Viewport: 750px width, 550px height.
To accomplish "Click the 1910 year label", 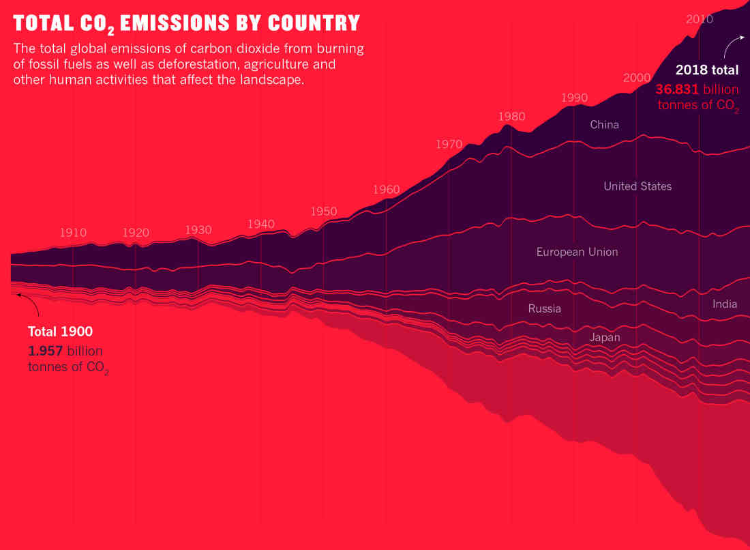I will pyautogui.click(x=73, y=232).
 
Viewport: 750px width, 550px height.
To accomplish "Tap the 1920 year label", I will pyautogui.click(x=136, y=232).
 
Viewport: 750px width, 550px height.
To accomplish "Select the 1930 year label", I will pyautogui.click(x=198, y=230).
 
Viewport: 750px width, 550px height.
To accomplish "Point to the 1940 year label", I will pyautogui.click(x=261, y=224).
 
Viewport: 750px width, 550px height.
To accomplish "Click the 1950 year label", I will pyautogui.click(x=324, y=212).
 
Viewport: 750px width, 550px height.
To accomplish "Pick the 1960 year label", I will pyautogui.click(x=386, y=189).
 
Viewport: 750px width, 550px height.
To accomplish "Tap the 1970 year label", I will pyautogui.click(x=449, y=145).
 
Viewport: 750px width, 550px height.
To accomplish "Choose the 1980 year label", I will pyautogui.click(x=511, y=117).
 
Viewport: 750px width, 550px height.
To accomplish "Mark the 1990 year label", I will pyautogui.click(x=574, y=98).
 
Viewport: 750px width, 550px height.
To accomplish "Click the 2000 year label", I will pyautogui.click(x=637, y=77).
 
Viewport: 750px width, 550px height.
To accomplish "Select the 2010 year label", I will pyautogui.click(x=700, y=19).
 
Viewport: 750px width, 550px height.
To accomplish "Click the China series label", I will pyautogui.click(x=605, y=124).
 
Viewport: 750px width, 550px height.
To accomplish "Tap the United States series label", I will pyautogui.click(x=637, y=186).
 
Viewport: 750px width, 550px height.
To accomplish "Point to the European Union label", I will pyautogui.click(x=577, y=252).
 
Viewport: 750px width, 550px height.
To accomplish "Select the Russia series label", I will pyautogui.click(x=545, y=308).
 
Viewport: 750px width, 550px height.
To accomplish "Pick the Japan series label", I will pyautogui.click(x=605, y=337).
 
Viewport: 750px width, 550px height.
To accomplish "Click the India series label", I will pyautogui.click(x=725, y=304).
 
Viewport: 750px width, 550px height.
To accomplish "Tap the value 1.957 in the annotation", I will pyautogui.click(x=46, y=351).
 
